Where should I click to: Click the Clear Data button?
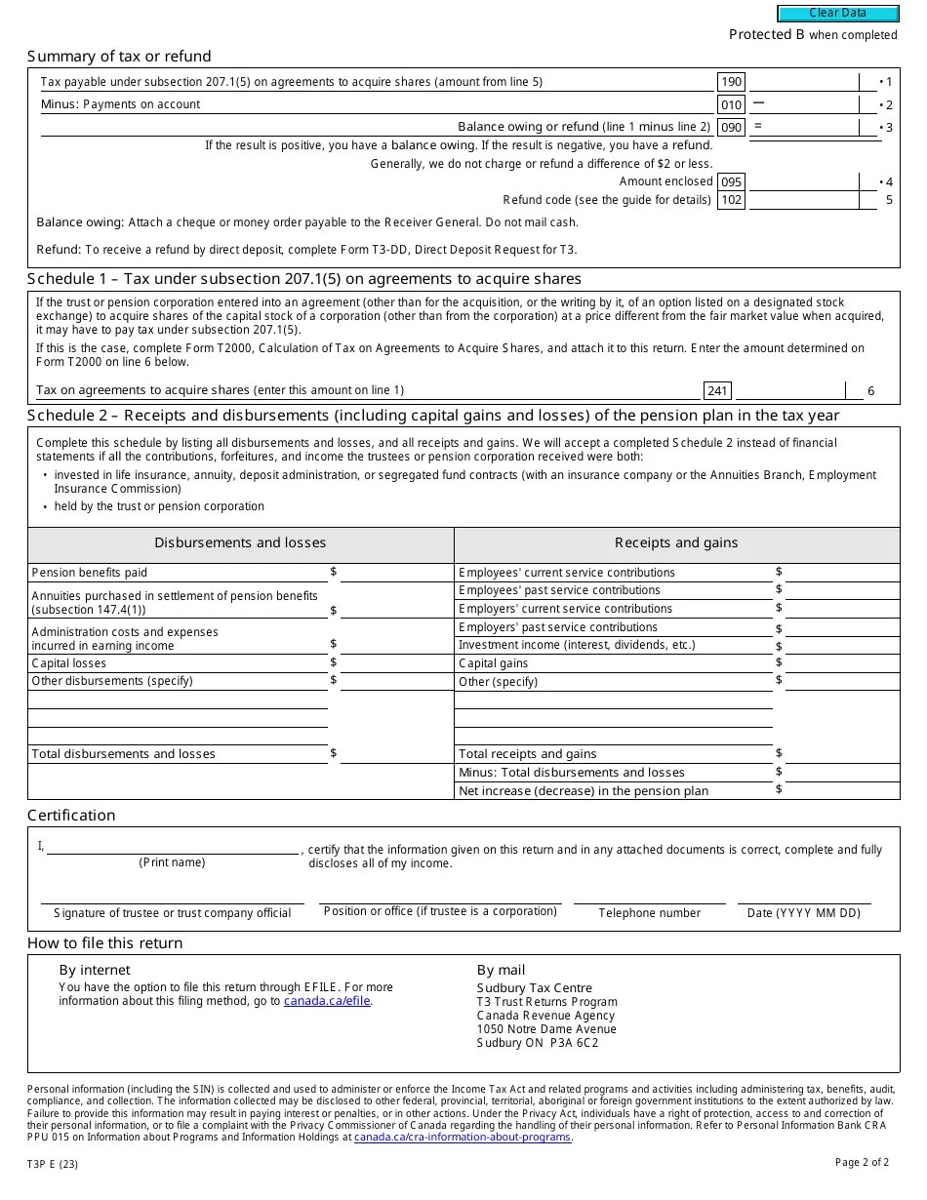point(837,14)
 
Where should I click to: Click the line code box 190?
point(731,83)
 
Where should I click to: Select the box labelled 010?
point(731,105)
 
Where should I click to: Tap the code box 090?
point(731,128)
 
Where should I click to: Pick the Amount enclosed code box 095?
point(731,182)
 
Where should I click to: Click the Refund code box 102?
point(731,201)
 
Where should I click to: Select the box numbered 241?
point(717,391)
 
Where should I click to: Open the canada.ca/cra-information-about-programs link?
point(463,1138)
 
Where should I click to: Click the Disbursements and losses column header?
point(240,543)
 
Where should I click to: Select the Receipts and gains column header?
point(676,543)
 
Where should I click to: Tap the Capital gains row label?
point(494,663)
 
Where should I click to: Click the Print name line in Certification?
point(173,847)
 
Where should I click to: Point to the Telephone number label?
point(649,914)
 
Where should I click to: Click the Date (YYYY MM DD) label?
point(803,914)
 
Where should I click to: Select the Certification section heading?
point(71,816)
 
